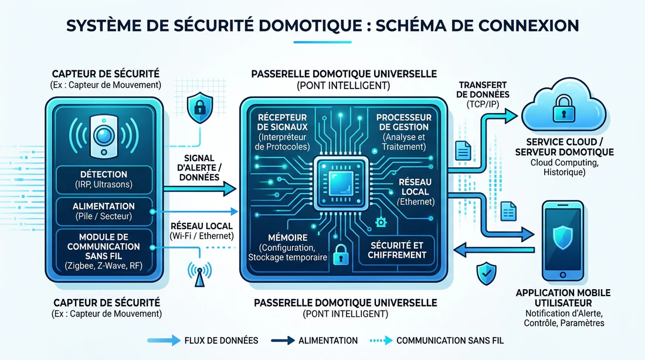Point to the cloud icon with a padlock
[565, 108]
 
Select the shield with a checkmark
[486, 273]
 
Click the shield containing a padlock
[198, 107]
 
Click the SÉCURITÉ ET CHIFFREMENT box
[397, 250]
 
